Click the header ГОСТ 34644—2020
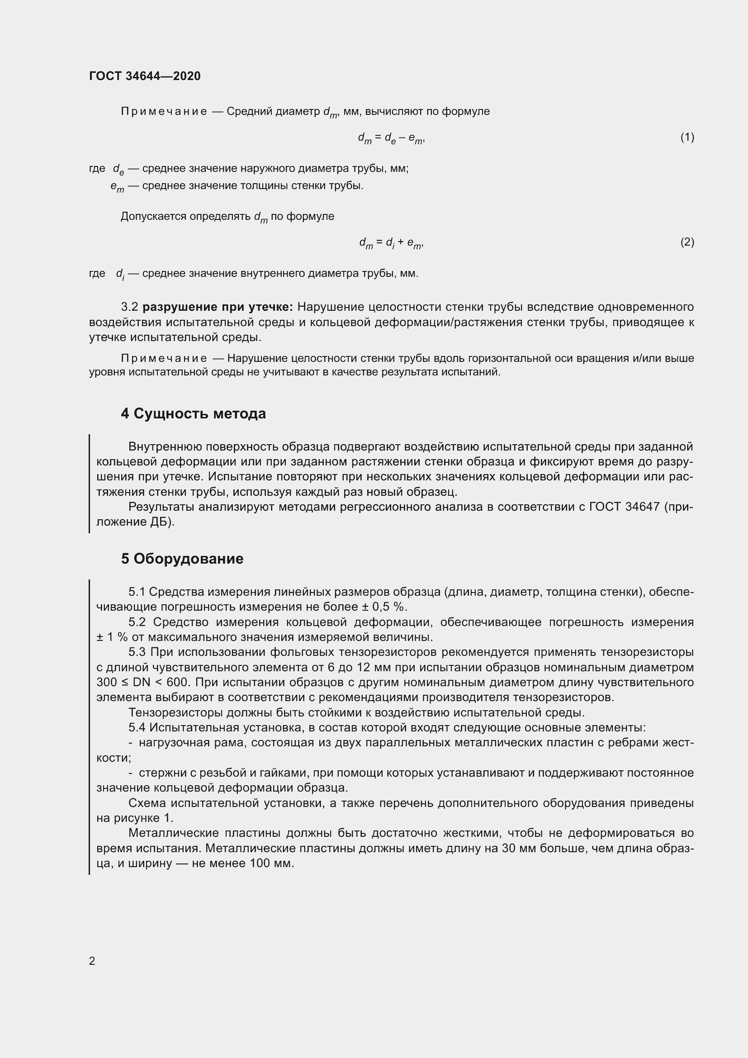145,76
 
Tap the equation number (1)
687,137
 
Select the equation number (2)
687,242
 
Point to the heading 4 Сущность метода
194,413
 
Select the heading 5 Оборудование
182,559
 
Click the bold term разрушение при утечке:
218,307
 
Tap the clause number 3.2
129,307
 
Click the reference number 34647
643,507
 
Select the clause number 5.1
137,592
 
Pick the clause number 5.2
137,622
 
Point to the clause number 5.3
137,652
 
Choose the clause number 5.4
137,728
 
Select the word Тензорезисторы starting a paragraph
176,712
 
